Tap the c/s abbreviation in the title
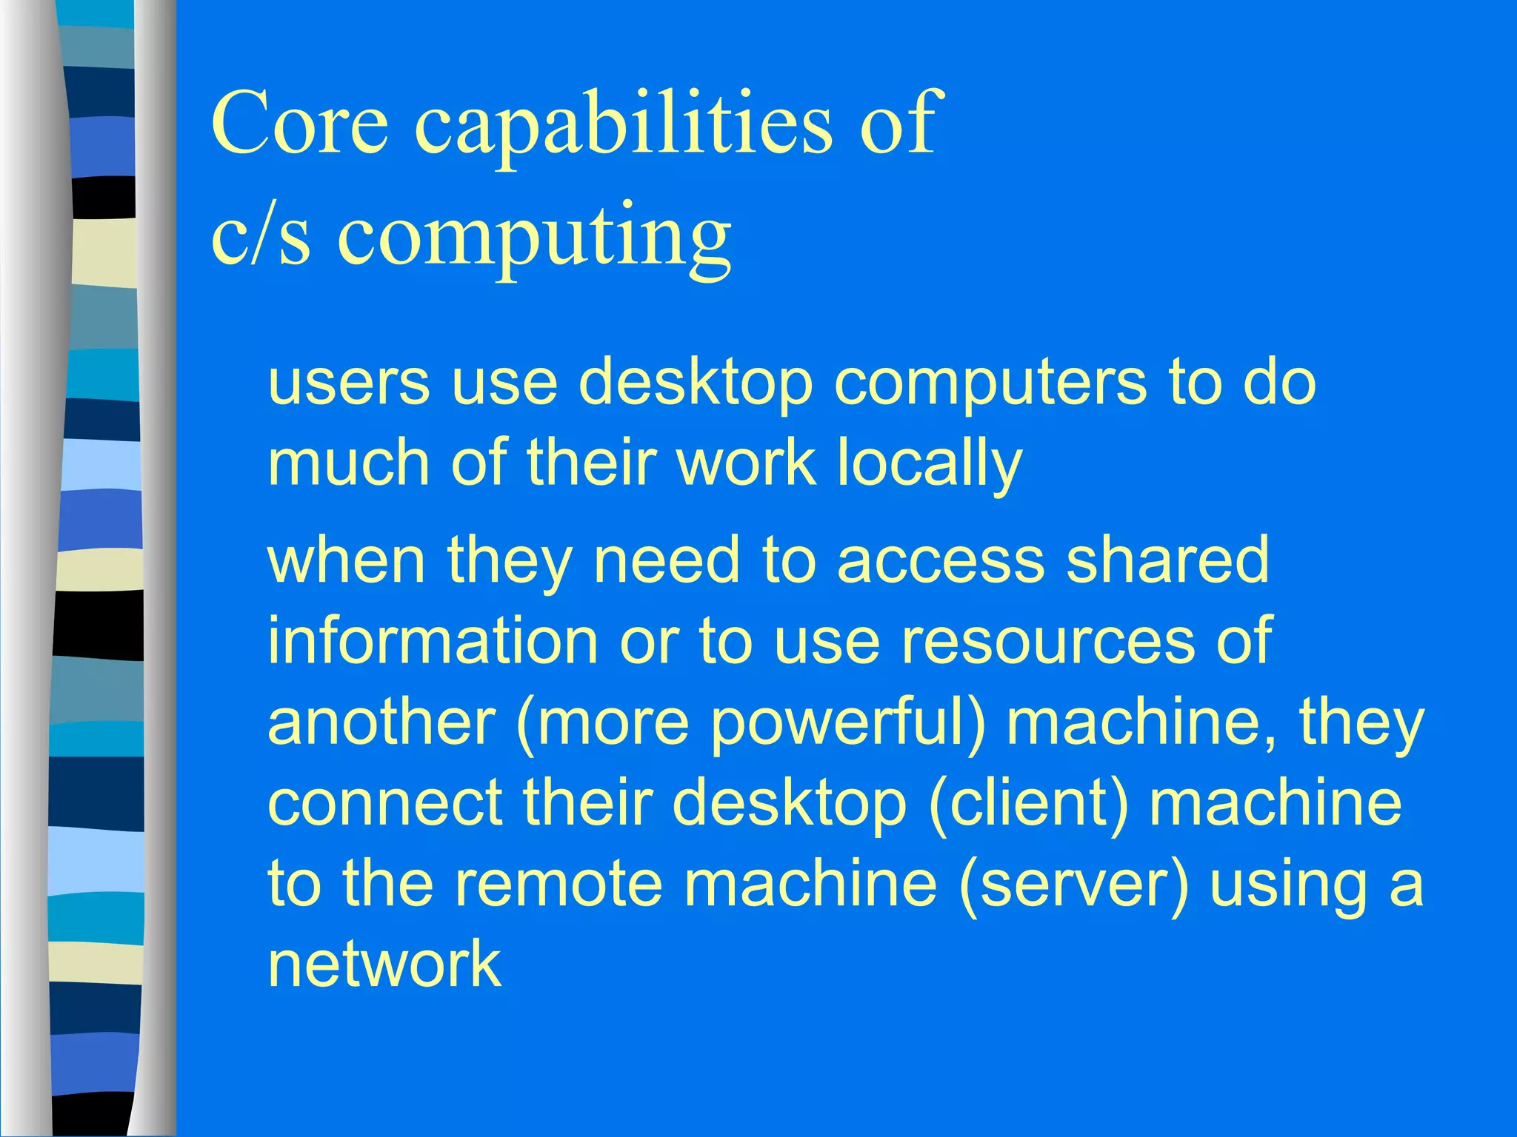[x=260, y=235]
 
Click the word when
[x=345, y=560]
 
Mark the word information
[x=433, y=640]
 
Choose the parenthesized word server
[x=1073, y=884]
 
